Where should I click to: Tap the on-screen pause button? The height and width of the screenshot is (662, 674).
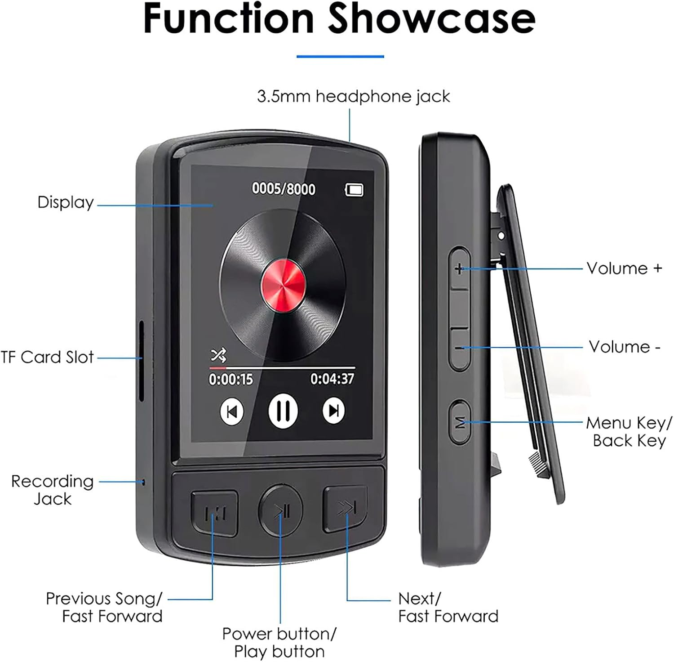[x=283, y=411]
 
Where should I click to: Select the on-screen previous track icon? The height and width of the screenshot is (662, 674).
[x=232, y=411]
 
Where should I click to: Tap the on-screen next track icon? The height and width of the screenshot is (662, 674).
[x=334, y=411]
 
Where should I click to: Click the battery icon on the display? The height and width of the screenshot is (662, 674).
[x=354, y=190]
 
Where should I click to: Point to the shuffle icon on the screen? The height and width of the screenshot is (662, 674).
[x=219, y=356]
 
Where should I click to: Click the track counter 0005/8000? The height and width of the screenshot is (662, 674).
[x=284, y=189]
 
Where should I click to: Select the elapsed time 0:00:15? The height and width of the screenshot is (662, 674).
[x=231, y=379]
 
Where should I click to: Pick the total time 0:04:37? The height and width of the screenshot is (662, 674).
[x=332, y=379]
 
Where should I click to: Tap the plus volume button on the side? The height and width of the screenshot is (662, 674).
[x=459, y=268]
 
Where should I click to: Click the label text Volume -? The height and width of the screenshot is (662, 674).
[x=625, y=347]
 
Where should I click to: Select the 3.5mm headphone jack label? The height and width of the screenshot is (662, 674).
[x=354, y=96]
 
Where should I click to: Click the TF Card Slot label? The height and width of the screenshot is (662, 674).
[x=47, y=357]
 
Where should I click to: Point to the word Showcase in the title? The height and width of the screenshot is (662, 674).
[x=432, y=19]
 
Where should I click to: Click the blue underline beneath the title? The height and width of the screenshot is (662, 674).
[x=340, y=56]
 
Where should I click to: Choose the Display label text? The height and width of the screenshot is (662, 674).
[x=66, y=202]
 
